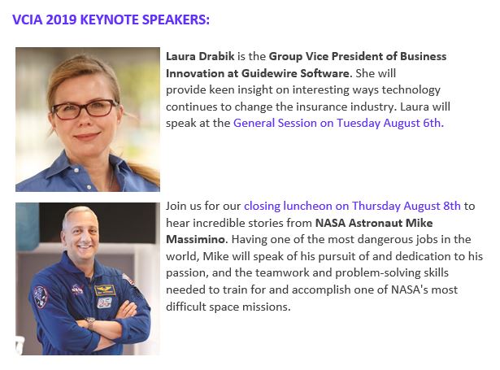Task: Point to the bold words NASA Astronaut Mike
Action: click(367, 222)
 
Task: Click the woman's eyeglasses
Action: click(88, 107)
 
